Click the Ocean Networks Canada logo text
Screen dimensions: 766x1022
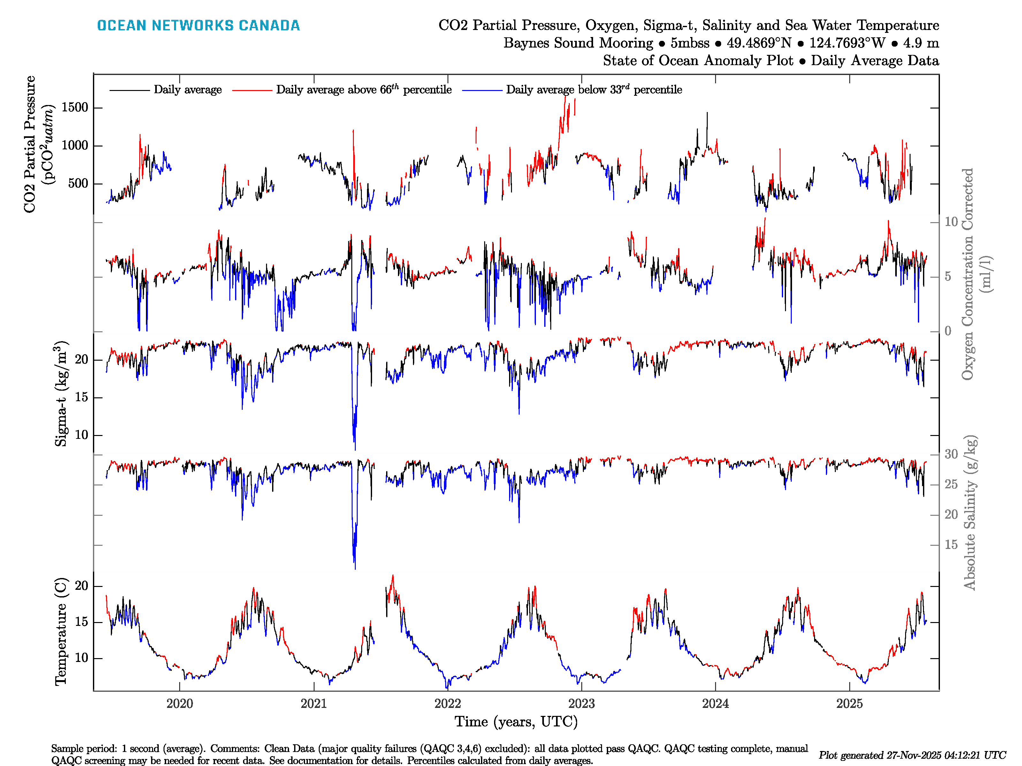198,26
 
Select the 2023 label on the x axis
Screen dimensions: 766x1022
581,704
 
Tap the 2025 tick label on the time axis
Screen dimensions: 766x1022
849,704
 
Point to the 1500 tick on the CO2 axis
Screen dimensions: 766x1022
75,108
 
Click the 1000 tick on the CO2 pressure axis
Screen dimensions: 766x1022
75,146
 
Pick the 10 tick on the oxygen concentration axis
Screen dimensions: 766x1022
951,222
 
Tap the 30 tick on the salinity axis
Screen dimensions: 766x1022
951,454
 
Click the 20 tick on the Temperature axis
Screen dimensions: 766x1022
81,586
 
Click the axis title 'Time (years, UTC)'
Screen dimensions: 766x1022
516,722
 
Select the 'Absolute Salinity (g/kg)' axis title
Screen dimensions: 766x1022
970,513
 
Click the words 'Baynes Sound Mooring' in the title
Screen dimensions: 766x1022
578,43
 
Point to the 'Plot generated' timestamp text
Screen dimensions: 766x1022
912,755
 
